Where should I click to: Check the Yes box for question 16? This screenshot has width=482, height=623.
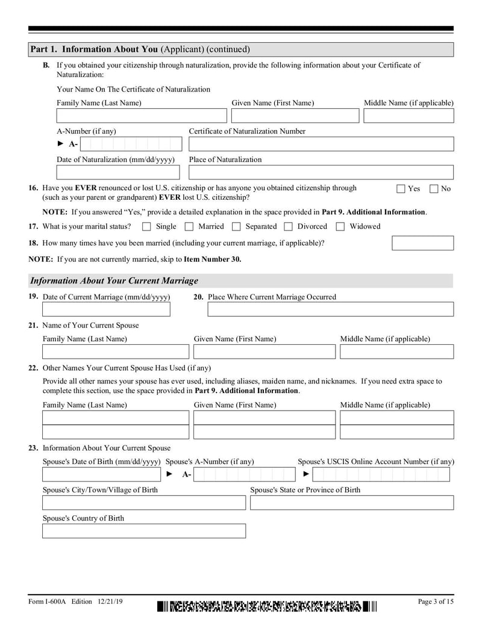pyautogui.click(x=401, y=189)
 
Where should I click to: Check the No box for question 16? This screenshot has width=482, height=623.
pyautogui.click(x=434, y=189)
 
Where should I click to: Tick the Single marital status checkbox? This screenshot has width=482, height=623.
pyautogui.click(x=146, y=227)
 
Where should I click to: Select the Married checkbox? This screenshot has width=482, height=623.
pyautogui.click(x=189, y=227)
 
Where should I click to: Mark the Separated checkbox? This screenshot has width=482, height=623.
pyautogui.click(x=236, y=227)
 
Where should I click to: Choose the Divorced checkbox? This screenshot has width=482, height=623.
pyautogui.click(x=288, y=227)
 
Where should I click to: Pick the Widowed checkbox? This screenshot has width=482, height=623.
pyautogui.click(x=340, y=227)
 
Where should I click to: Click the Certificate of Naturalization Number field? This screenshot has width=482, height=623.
pyautogui.click(x=321, y=144)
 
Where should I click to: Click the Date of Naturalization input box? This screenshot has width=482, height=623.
pyautogui.click(x=118, y=172)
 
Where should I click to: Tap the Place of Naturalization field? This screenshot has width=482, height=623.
pyautogui.click(x=321, y=172)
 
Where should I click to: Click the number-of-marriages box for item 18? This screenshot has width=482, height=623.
pyautogui.click(x=422, y=243)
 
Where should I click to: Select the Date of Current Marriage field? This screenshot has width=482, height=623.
pyautogui.click(x=106, y=309)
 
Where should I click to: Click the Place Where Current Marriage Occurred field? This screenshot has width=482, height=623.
pyautogui.click(x=330, y=309)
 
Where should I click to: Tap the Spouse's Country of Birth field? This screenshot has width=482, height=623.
pyautogui.click(x=144, y=531)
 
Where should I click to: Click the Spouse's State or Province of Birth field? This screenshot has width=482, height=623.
pyautogui.click(x=352, y=503)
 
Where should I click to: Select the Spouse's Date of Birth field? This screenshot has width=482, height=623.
pyautogui.click(x=102, y=474)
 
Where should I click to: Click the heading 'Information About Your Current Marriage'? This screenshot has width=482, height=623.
pyautogui.click(x=114, y=281)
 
